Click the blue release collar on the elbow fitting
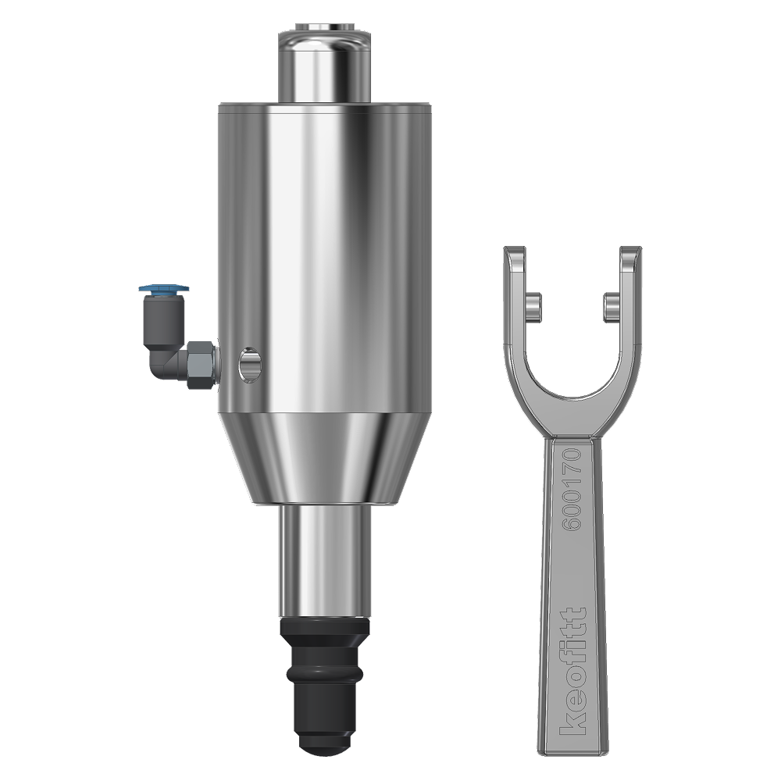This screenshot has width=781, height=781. point(164,288)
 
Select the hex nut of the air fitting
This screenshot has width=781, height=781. point(200,364)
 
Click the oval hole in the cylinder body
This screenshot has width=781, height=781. point(250,365)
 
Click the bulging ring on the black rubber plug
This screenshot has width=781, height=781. point(325,673)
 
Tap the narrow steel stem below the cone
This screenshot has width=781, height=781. point(325,562)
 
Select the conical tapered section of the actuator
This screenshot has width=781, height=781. point(325,458)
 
